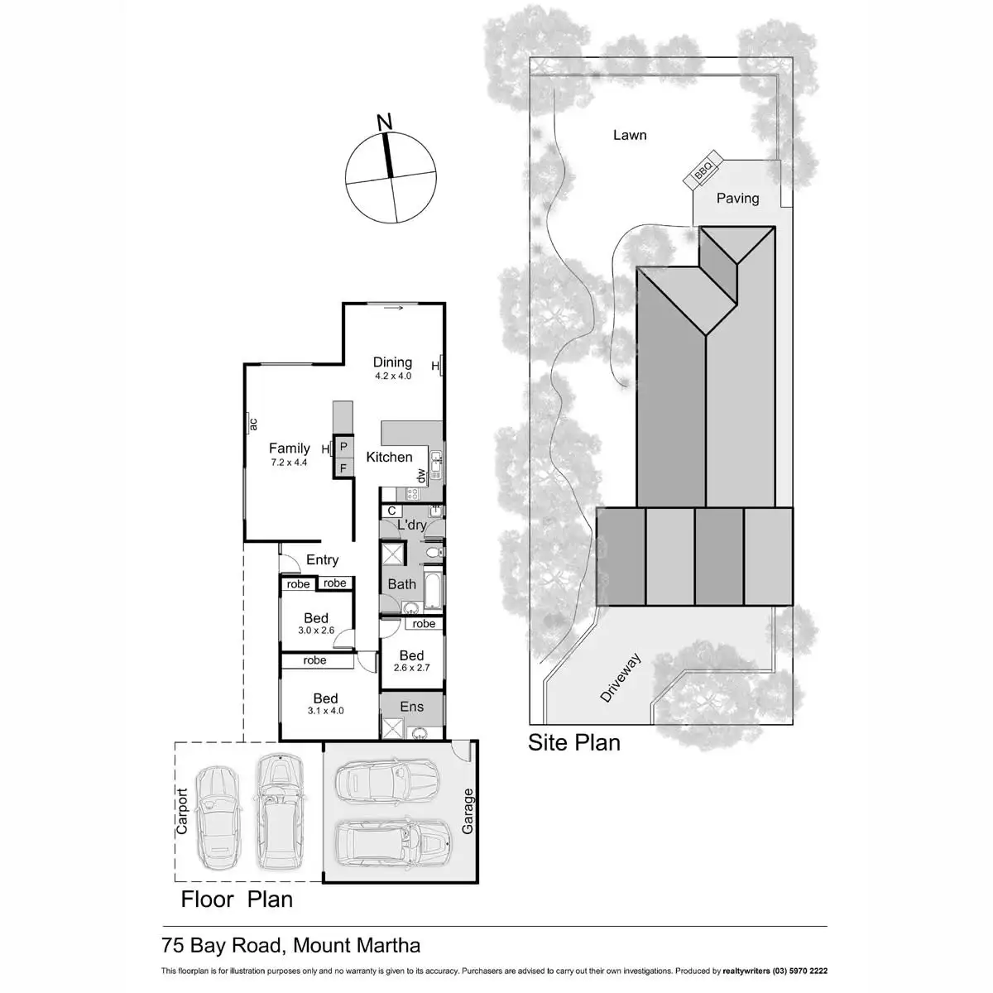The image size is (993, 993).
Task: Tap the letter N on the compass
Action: tap(384, 122)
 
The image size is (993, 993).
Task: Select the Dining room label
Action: tap(392, 362)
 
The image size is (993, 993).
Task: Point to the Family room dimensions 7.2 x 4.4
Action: tap(289, 463)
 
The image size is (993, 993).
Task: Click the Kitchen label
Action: tap(389, 457)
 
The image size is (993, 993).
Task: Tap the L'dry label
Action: tap(411, 525)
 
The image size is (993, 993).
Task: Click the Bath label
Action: tap(402, 584)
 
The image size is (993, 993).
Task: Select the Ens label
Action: tap(411, 707)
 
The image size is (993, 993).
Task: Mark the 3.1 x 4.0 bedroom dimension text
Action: tap(325, 711)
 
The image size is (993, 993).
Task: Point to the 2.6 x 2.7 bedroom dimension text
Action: tap(411, 668)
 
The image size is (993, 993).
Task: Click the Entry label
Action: tap(322, 560)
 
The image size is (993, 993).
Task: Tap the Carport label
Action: tap(182, 811)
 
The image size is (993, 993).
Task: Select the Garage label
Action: tap(468, 811)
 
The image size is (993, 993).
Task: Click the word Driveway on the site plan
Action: tap(621, 679)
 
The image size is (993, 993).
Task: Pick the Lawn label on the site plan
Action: tap(630, 135)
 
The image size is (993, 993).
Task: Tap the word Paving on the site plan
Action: tap(737, 199)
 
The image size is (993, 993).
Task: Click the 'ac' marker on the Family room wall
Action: tap(253, 425)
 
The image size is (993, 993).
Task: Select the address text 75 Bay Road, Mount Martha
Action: tap(290, 945)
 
